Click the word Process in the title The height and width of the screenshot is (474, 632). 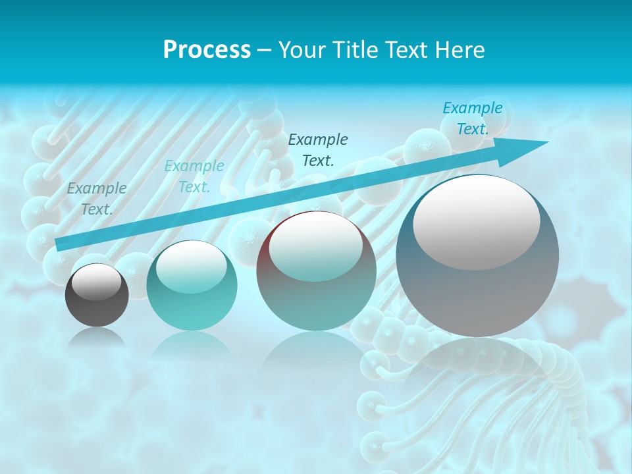tap(207, 50)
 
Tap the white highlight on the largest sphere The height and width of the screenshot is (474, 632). tap(476, 222)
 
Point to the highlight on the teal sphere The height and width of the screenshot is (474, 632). tap(191, 266)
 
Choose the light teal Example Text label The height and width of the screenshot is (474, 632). tap(194, 176)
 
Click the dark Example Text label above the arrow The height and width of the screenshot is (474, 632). tap(318, 149)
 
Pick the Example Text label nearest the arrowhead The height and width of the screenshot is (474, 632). tap(472, 118)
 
